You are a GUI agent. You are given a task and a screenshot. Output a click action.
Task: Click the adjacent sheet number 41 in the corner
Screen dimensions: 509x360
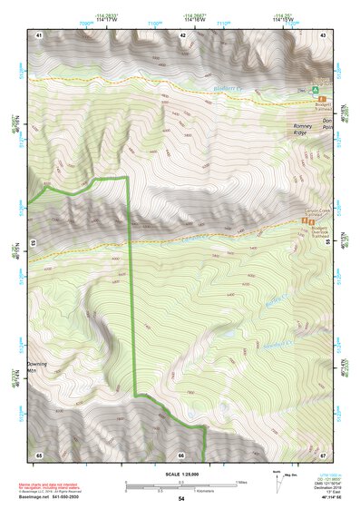click(x=39, y=34)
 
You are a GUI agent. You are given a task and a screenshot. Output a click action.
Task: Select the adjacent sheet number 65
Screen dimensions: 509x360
click(x=39, y=454)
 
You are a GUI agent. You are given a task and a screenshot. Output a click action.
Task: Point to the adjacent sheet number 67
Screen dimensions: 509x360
click(x=322, y=454)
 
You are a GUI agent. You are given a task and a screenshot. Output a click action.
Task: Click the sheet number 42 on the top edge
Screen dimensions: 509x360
click(x=182, y=34)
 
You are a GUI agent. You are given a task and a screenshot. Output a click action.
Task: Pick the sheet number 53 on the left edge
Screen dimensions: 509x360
click(x=33, y=243)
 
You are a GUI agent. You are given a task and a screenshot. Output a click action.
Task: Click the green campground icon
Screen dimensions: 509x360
click(x=316, y=92)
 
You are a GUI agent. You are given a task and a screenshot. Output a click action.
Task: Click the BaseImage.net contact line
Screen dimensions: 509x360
click(x=49, y=495)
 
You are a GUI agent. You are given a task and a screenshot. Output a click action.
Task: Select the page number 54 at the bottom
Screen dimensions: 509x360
click(x=180, y=498)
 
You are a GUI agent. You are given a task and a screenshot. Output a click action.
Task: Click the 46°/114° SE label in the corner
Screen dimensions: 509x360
click(x=323, y=498)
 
